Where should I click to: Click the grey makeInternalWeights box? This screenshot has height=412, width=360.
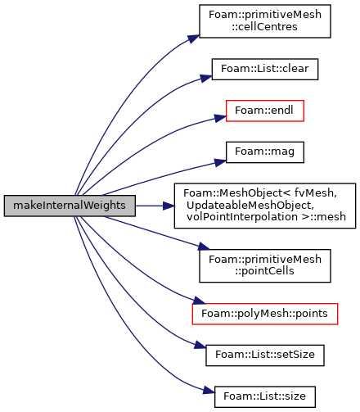tap(70, 206)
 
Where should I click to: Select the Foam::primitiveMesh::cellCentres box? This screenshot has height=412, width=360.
tap(265, 21)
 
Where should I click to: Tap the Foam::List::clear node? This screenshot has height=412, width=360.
tap(265, 69)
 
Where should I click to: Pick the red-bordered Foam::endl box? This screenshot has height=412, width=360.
tap(265, 111)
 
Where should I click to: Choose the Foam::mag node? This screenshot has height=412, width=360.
tap(265, 152)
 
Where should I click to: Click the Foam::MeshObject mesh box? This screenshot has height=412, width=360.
tap(265, 206)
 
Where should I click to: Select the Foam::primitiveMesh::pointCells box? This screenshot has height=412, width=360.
tap(265, 265)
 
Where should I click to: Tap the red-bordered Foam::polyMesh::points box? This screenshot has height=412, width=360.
tap(265, 314)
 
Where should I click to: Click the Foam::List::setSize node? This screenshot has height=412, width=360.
tap(265, 355)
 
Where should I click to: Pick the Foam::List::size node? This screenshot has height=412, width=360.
tap(265, 396)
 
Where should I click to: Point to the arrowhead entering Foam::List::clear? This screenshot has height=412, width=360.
tap(206, 78)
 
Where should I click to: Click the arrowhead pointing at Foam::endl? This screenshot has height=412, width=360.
tap(220, 118)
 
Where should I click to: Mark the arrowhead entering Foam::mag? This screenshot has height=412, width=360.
tap(220, 162)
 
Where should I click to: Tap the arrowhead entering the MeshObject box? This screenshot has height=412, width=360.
tap(169, 206)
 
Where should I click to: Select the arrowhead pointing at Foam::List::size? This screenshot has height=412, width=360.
tap(209, 391)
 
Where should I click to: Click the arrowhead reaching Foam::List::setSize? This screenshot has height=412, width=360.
tap(200, 346)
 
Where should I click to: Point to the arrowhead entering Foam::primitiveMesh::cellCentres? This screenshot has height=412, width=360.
tap(194, 38)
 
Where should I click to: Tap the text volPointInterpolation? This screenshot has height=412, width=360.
tap(242, 217)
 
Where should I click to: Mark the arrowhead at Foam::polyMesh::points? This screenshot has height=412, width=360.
tap(199, 301)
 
